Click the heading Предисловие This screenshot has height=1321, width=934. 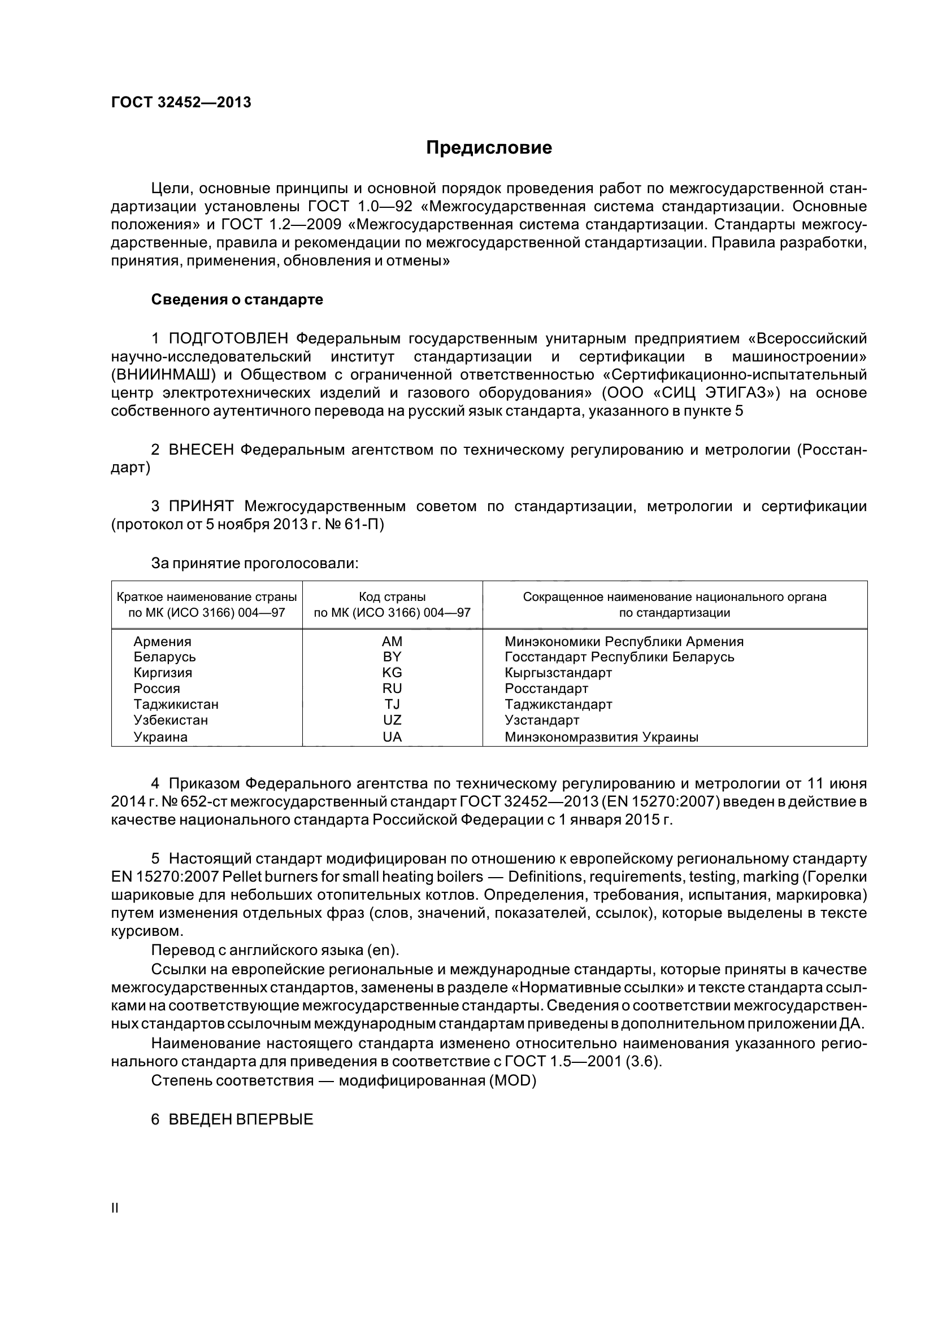coord(489,148)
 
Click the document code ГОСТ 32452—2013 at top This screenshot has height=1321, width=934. coord(181,102)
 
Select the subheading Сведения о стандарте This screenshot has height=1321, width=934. coord(237,300)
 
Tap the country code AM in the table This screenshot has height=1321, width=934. coord(392,642)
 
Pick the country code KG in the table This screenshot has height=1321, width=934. coord(392,673)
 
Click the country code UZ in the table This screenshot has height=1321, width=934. coord(392,720)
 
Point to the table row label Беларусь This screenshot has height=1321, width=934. coord(164,657)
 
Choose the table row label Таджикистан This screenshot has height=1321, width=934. coord(176,704)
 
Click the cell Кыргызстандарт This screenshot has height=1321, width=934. coord(558,673)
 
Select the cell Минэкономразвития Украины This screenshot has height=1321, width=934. coord(601,737)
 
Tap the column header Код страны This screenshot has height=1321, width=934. coord(392,596)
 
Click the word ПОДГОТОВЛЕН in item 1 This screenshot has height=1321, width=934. coord(232,339)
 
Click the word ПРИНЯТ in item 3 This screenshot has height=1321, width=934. coord(201,506)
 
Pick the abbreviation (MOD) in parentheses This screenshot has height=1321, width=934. coord(512,1081)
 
